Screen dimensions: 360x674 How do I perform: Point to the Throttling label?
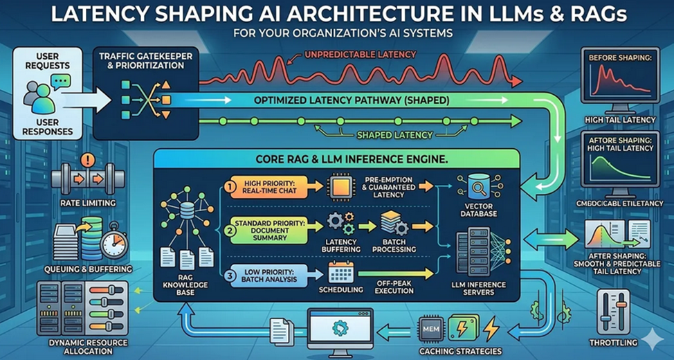point(614,341)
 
